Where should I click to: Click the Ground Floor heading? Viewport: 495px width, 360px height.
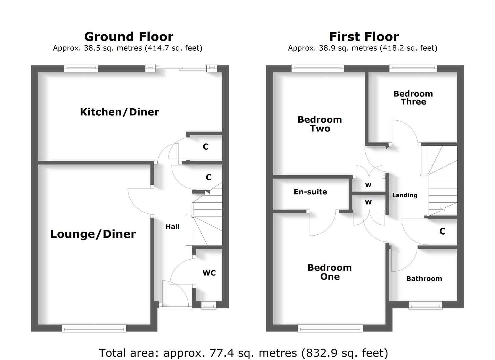(x=129, y=36)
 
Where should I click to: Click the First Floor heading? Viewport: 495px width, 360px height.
(x=364, y=36)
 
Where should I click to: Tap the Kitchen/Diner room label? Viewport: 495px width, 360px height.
(x=119, y=112)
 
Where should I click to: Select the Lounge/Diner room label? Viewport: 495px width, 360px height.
(x=93, y=234)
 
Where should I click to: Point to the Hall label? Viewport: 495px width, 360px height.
(x=172, y=227)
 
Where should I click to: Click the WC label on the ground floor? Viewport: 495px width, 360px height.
(x=209, y=273)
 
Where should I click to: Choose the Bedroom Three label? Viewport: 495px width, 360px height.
(x=413, y=98)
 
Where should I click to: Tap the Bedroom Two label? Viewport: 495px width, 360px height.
(x=320, y=124)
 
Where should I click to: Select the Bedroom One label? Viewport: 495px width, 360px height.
(x=330, y=272)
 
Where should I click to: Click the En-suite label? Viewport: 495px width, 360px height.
(x=310, y=192)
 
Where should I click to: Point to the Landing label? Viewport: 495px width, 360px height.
(x=405, y=195)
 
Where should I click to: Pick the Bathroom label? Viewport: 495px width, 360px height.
(x=424, y=279)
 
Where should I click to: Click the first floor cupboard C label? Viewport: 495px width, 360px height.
(x=442, y=231)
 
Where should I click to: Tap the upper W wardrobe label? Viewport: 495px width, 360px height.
(x=368, y=185)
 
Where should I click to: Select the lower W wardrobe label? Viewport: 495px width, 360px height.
(x=368, y=202)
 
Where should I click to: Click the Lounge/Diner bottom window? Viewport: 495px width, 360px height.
(x=94, y=329)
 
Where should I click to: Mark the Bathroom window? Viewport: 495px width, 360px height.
(x=425, y=305)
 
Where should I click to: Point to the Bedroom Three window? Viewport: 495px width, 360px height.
(x=413, y=68)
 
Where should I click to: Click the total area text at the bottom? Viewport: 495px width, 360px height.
(x=243, y=353)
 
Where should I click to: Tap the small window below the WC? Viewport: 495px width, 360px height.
(x=209, y=305)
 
